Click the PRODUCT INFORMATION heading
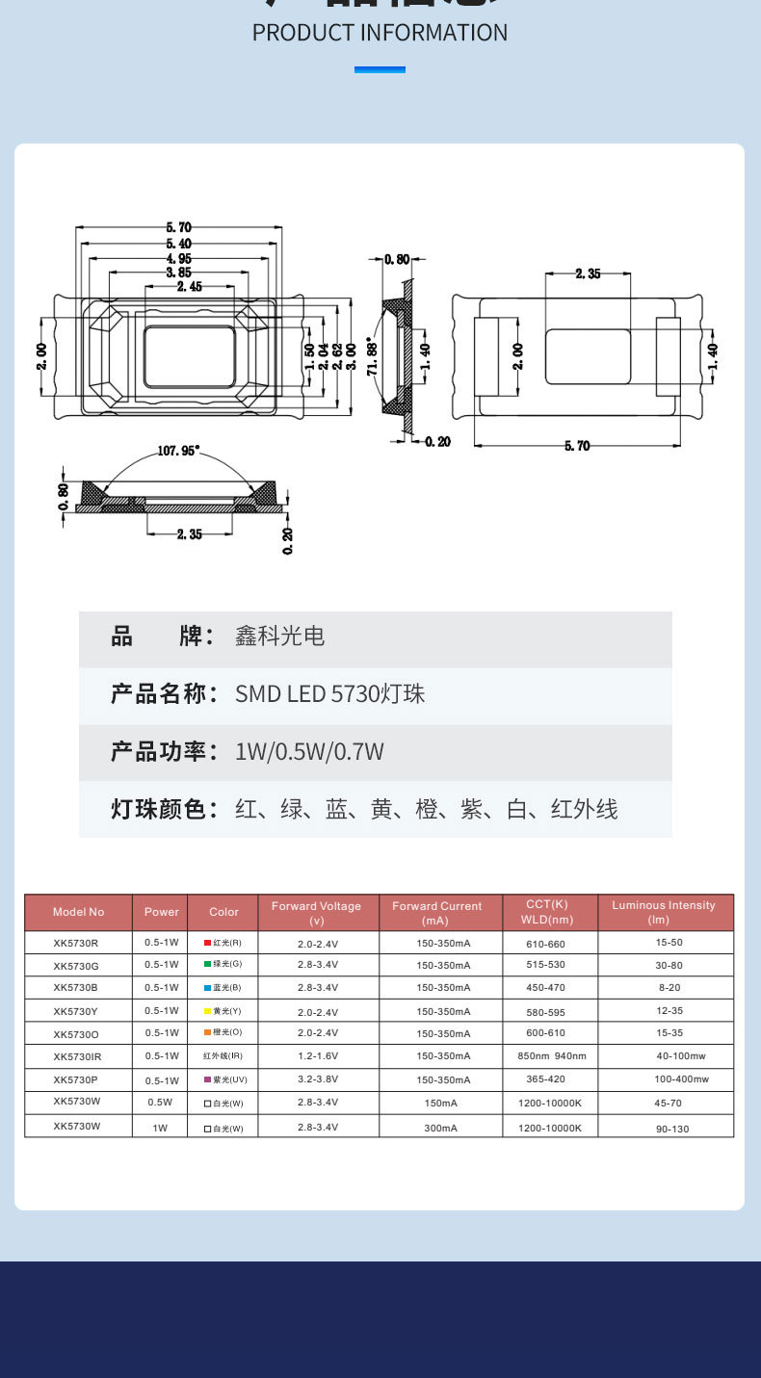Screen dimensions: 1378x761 pyautogui.click(x=380, y=33)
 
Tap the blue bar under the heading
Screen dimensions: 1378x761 pyautogui.click(x=380, y=69)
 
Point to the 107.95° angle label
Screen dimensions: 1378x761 pyautogui.click(x=178, y=450)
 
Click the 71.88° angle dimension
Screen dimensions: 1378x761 pyautogui.click(x=371, y=358)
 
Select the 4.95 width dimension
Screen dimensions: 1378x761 pyautogui.click(x=178, y=258)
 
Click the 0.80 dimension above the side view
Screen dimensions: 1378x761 pyautogui.click(x=397, y=259)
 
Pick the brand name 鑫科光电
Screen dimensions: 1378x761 pyautogui.click(x=279, y=637)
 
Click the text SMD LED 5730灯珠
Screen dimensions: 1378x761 pyautogui.click(x=329, y=694)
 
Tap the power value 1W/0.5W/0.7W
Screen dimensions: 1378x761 pyautogui.click(x=309, y=752)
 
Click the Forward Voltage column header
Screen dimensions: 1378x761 pyautogui.click(x=316, y=913)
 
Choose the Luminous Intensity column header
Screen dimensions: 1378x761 pyautogui.click(x=664, y=913)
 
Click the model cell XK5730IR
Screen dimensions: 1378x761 pyautogui.click(x=77, y=1057)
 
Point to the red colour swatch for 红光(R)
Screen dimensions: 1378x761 pyautogui.click(x=207, y=942)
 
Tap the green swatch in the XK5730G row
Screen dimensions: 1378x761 pyautogui.click(x=207, y=964)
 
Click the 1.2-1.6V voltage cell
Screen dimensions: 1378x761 pyautogui.click(x=317, y=1057)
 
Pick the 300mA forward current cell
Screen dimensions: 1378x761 pyautogui.click(x=440, y=1128)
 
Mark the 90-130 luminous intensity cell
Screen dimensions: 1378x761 pyautogui.click(x=671, y=1129)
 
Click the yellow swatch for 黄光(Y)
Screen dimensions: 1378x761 pyautogui.click(x=207, y=1011)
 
